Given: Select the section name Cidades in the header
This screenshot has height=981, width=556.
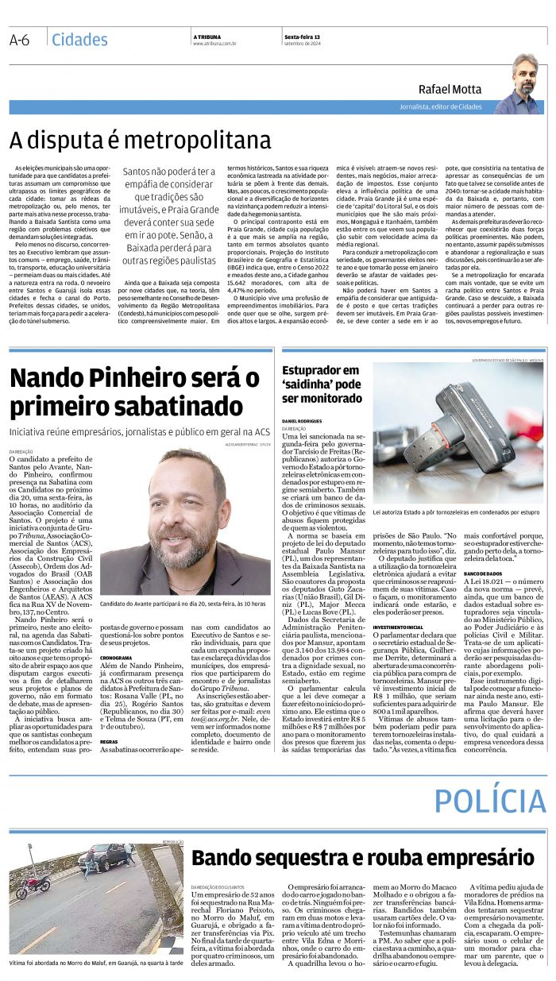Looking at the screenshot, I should (79, 40).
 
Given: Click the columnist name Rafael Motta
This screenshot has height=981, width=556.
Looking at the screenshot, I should (450, 90).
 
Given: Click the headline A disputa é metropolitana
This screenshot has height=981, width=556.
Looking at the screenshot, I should (140, 141).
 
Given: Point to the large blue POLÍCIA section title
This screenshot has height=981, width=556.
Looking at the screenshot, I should (489, 800).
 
